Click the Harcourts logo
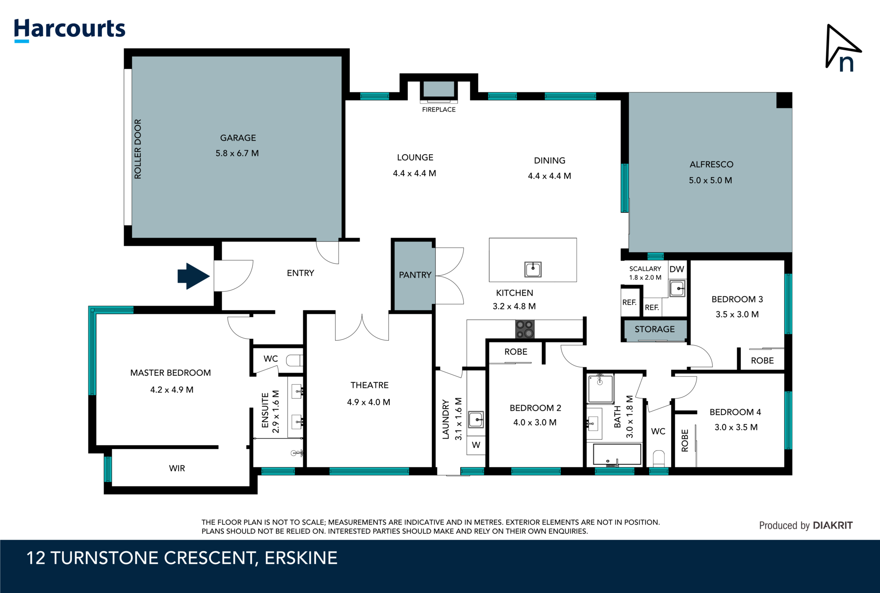point(69,29)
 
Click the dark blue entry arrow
point(193,276)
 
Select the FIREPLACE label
point(439,110)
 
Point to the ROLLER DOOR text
point(137,149)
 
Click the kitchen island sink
point(533,269)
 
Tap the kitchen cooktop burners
point(525,329)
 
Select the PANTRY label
point(415,275)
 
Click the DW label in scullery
point(676,269)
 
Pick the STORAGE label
point(654,329)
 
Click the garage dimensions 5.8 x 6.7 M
point(237,153)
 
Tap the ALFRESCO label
point(711,164)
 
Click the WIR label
point(177,468)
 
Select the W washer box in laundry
point(476,445)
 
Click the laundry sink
point(476,419)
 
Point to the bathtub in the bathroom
point(617,455)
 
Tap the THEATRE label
point(369,385)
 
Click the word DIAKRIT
point(833,525)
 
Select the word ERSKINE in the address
point(301,558)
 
